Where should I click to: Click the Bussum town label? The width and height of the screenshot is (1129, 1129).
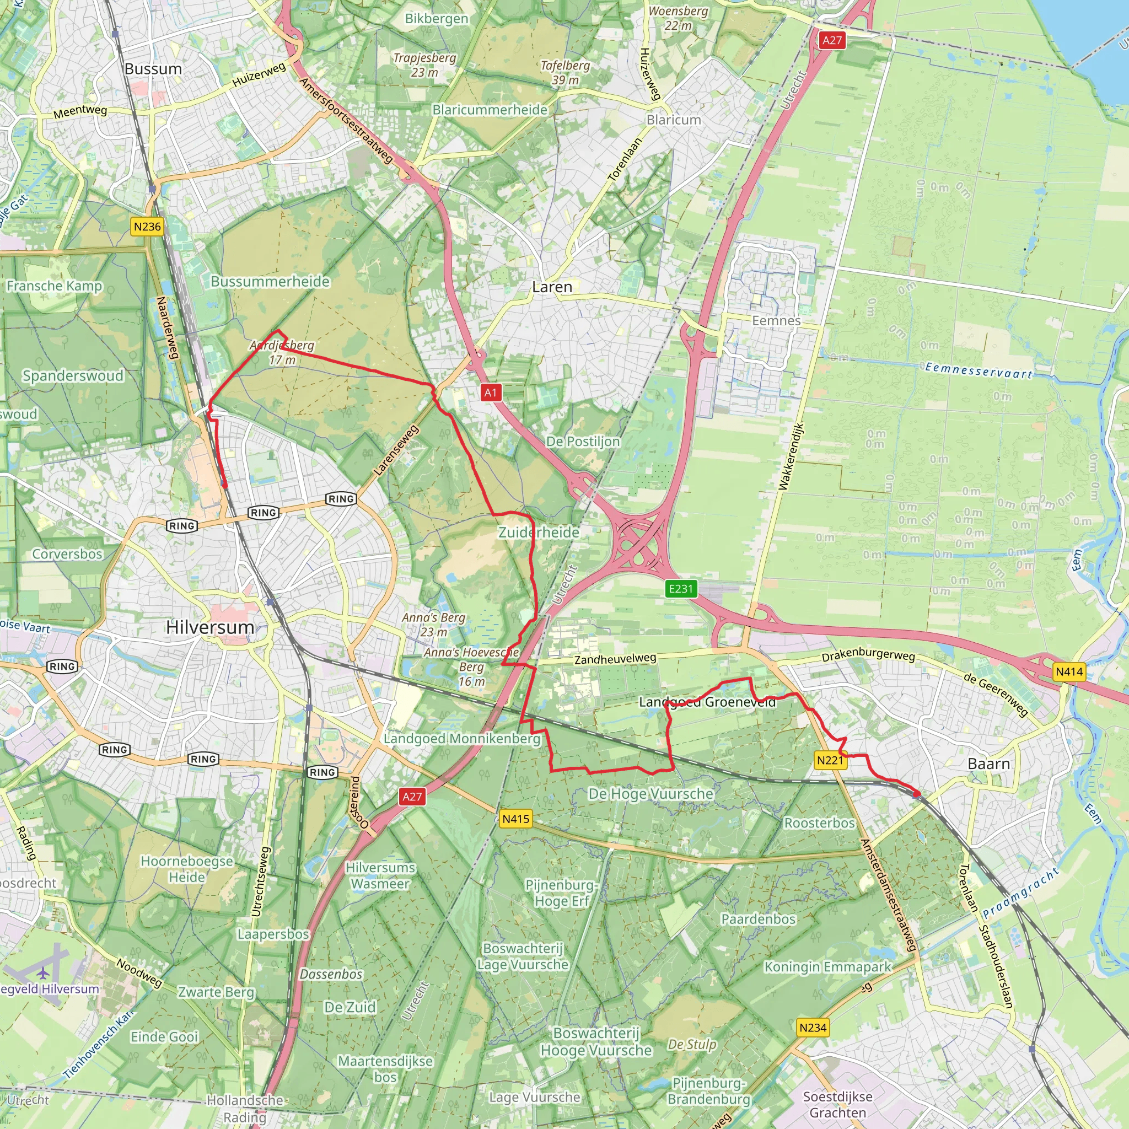pyautogui.click(x=153, y=69)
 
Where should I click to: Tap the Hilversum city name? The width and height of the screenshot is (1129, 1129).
pyautogui.click(x=210, y=627)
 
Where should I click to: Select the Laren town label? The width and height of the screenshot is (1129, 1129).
pyautogui.click(x=552, y=287)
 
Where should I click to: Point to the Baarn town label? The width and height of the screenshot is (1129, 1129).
pyautogui.click(x=988, y=764)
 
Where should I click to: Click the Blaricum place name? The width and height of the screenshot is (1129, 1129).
pyautogui.click(x=673, y=120)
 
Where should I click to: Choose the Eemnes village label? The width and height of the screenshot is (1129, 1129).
pyautogui.click(x=776, y=321)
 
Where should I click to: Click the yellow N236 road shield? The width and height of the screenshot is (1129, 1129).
pyautogui.click(x=147, y=227)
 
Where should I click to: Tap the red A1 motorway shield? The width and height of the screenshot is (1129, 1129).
pyautogui.click(x=490, y=393)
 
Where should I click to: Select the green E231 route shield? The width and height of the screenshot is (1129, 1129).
pyautogui.click(x=680, y=588)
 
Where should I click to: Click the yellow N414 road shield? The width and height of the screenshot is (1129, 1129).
pyautogui.click(x=1069, y=672)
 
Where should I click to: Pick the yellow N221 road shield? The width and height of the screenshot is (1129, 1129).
pyautogui.click(x=830, y=760)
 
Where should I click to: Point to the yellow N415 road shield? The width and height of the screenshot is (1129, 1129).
pyautogui.click(x=516, y=819)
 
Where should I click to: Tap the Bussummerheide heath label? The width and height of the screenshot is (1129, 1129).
pyautogui.click(x=270, y=282)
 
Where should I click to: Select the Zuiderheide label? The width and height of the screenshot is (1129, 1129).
pyautogui.click(x=538, y=533)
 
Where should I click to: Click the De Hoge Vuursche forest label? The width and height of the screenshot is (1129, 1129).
pyautogui.click(x=650, y=794)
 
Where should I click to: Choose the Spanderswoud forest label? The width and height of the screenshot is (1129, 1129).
pyautogui.click(x=73, y=376)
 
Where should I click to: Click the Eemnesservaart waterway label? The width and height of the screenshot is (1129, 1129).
pyautogui.click(x=979, y=370)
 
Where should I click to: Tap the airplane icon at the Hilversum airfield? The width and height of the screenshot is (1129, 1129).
pyautogui.click(x=43, y=973)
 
